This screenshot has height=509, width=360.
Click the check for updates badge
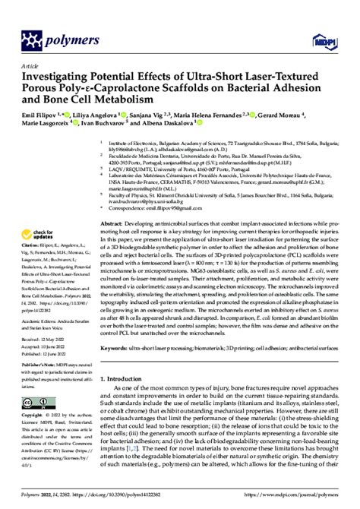pyautogui.click(x=43, y=217)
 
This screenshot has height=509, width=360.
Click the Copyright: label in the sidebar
pyautogui.click(x=39, y=438)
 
